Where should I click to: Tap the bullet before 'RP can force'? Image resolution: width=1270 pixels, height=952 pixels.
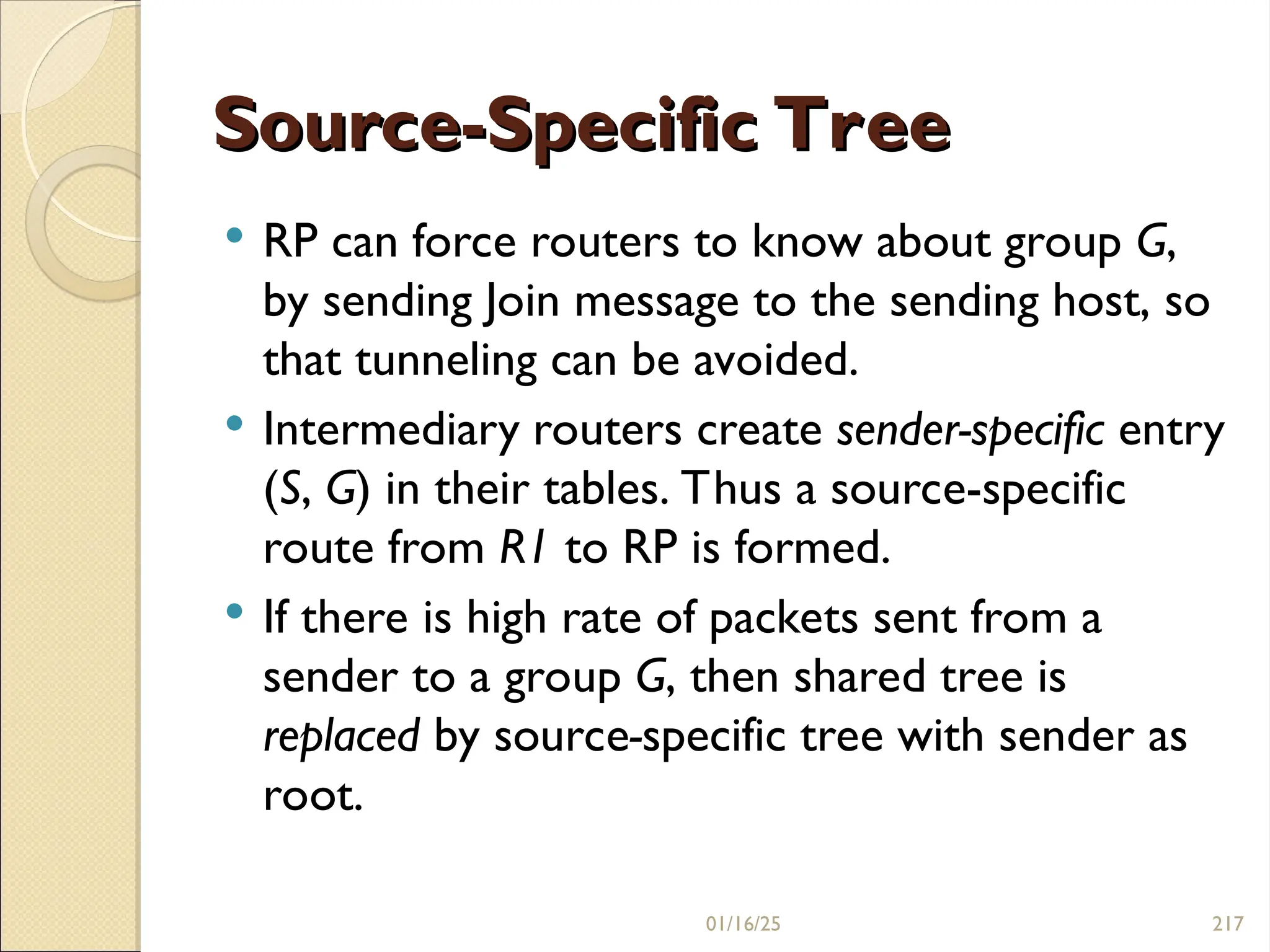tap(234, 236)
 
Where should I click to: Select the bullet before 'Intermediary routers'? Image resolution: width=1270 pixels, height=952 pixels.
tap(234, 424)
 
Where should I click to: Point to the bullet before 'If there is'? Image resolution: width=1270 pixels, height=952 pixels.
tap(234, 612)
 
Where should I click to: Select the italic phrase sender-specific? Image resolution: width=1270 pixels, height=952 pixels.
tap(970, 430)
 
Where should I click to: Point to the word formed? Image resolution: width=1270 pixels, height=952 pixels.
tap(812, 548)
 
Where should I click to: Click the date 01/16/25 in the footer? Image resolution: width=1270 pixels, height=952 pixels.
tap(743, 924)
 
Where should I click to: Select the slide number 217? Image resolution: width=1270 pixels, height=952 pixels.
tap(1228, 924)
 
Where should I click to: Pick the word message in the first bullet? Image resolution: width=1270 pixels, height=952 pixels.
tap(657, 302)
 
